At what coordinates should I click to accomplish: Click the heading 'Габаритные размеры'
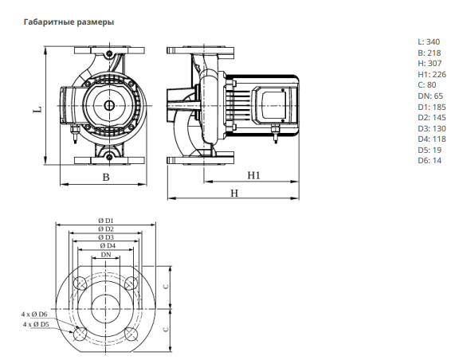(x=69, y=22)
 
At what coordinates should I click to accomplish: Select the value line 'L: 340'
(x=429, y=42)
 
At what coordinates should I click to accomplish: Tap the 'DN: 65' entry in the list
(x=430, y=96)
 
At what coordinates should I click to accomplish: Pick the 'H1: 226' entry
(x=432, y=75)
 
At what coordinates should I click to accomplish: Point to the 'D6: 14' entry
(x=430, y=161)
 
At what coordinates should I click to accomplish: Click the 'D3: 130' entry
(x=432, y=128)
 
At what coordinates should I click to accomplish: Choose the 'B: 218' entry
(x=430, y=53)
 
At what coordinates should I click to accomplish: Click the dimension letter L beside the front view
(x=38, y=110)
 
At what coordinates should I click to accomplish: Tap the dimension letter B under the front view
(x=106, y=178)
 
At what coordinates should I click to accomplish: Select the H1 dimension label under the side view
(x=253, y=175)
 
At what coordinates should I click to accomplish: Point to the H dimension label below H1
(x=234, y=193)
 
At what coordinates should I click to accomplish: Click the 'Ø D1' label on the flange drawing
(x=106, y=221)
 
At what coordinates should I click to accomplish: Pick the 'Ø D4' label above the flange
(x=108, y=245)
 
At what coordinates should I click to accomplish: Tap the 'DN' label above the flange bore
(x=106, y=255)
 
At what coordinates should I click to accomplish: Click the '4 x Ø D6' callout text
(x=34, y=314)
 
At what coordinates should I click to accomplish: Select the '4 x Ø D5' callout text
(x=36, y=324)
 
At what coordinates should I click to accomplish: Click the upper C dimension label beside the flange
(x=166, y=287)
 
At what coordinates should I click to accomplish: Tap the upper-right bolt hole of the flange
(x=131, y=283)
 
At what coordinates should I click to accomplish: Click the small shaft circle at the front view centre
(x=109, y=106)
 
